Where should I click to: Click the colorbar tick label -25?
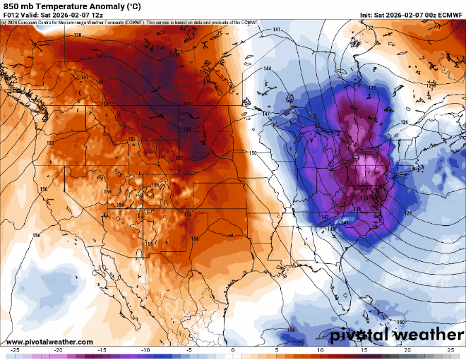(14, 350)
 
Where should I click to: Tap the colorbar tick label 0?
(233, 350)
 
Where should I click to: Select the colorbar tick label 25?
(451, 350)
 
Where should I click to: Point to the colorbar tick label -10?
(145, 350)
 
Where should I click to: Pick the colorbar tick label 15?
(364, 350)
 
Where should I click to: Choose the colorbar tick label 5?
(277, 350)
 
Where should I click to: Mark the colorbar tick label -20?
(58, 350)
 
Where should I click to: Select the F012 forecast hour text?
(11, 15)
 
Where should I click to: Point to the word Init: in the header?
(367, 15)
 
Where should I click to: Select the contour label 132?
(369, 28)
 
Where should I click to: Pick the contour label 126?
(405, 123)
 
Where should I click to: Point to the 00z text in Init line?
(427, 15)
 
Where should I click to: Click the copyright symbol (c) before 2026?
(4, 23)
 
